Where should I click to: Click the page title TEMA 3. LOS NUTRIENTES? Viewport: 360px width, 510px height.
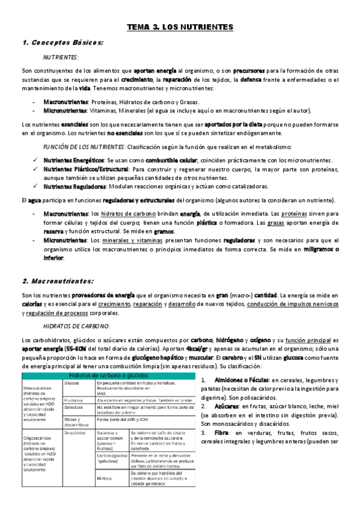click(180, 28)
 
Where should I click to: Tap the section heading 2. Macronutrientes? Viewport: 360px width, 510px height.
click(58, 281)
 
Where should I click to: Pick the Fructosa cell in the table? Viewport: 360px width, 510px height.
click(72, 399)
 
